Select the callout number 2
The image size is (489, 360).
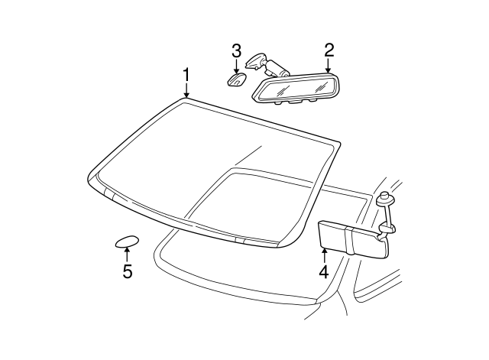329,50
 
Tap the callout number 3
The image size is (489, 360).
237,51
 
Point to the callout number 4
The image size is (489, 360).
323,271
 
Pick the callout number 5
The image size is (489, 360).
127,271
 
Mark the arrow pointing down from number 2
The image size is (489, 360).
329,66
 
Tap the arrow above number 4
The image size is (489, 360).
323,253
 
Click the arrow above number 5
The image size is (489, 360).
127,254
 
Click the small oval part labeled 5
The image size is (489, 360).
126,242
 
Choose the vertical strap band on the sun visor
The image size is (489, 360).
349,239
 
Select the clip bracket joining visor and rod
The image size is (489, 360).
387,227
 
